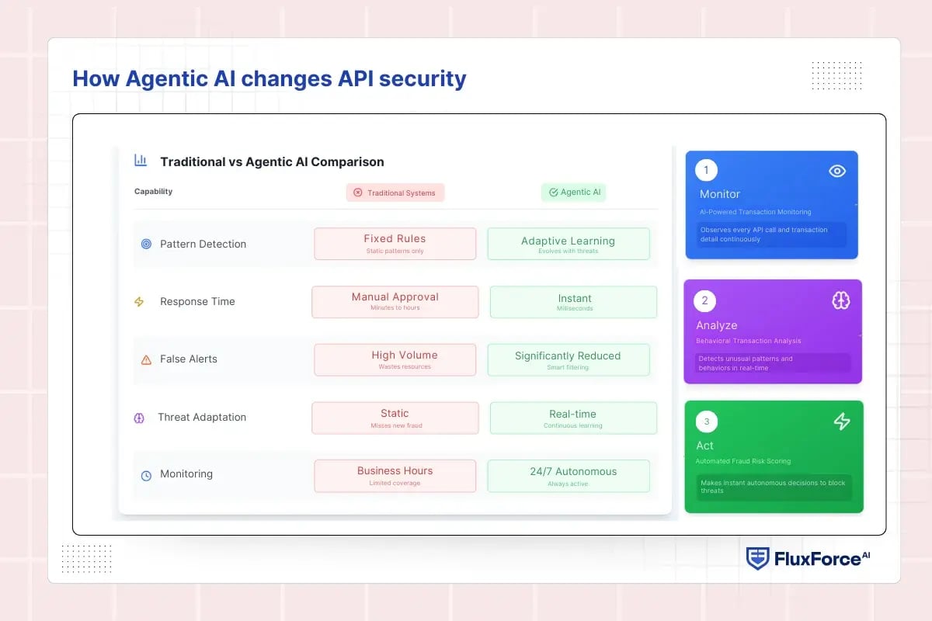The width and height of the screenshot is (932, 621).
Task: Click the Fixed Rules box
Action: [x=395, y=244]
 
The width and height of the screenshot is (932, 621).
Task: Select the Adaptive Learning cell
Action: [x=568, y=244]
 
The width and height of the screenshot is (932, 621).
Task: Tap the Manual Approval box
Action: [x=395, y=302]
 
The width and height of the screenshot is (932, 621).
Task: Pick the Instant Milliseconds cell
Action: [x=573, y=302]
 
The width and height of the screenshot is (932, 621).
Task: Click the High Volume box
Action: [x=395, y=359]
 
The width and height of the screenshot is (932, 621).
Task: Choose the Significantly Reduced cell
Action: [x=568, y=359]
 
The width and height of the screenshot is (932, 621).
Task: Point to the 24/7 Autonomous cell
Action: [x=568, y=476]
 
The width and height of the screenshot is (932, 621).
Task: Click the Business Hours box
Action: [x=395, y=476]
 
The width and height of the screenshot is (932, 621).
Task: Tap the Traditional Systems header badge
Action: [x=395, y=193]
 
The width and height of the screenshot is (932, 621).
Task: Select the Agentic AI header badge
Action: [x=573, y=193]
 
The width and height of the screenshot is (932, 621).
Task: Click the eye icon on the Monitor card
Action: [x=836, y=172]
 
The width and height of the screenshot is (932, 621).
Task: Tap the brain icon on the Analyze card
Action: [x=840, y=301]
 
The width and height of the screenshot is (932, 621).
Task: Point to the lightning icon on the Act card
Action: [x=841, y=422]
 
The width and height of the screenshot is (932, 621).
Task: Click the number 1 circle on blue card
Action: [x=706, y=171]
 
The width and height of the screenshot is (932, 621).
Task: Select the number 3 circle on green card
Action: [x=706, y=422]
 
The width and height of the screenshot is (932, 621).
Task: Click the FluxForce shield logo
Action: [x=757, y=559]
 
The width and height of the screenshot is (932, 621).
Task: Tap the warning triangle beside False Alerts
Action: [x=146, y=359]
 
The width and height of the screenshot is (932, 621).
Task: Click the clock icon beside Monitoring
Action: [x=146, y=475]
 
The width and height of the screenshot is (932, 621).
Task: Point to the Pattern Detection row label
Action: [x=203, y=244]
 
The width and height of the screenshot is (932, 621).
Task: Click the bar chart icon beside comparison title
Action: [x=141, y=161]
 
